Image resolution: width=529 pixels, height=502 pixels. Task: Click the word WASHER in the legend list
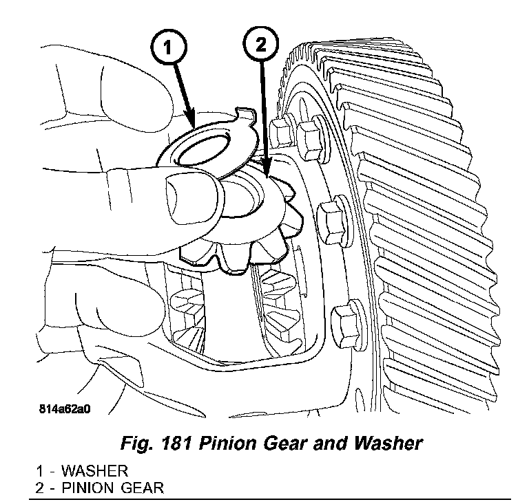[x=93, y=472]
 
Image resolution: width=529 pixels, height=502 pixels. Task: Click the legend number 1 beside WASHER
[x=41, y=472]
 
